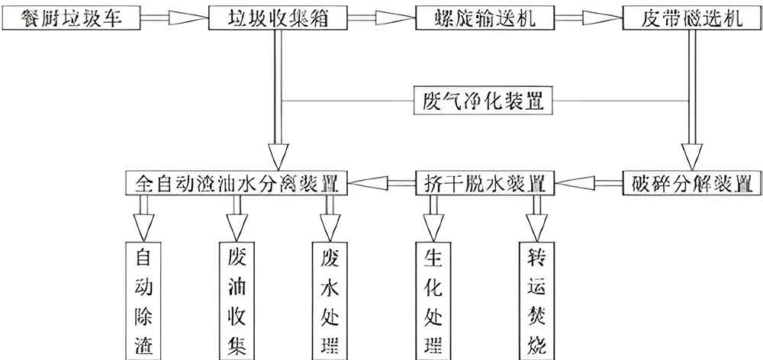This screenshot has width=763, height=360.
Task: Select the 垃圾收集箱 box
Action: (x=274, y=18)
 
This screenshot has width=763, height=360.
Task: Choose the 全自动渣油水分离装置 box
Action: (x=237, y=182)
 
